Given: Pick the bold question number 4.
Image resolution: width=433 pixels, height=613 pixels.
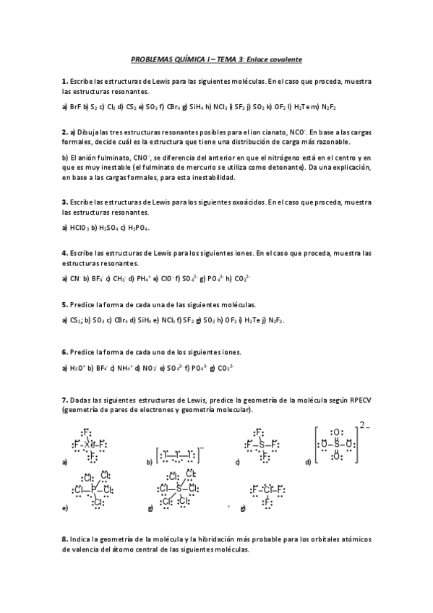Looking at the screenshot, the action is [64, 252].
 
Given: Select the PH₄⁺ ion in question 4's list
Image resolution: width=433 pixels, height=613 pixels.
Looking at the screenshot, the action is [145, 277].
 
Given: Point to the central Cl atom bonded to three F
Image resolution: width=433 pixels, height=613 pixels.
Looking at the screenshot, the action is [267, 489].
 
